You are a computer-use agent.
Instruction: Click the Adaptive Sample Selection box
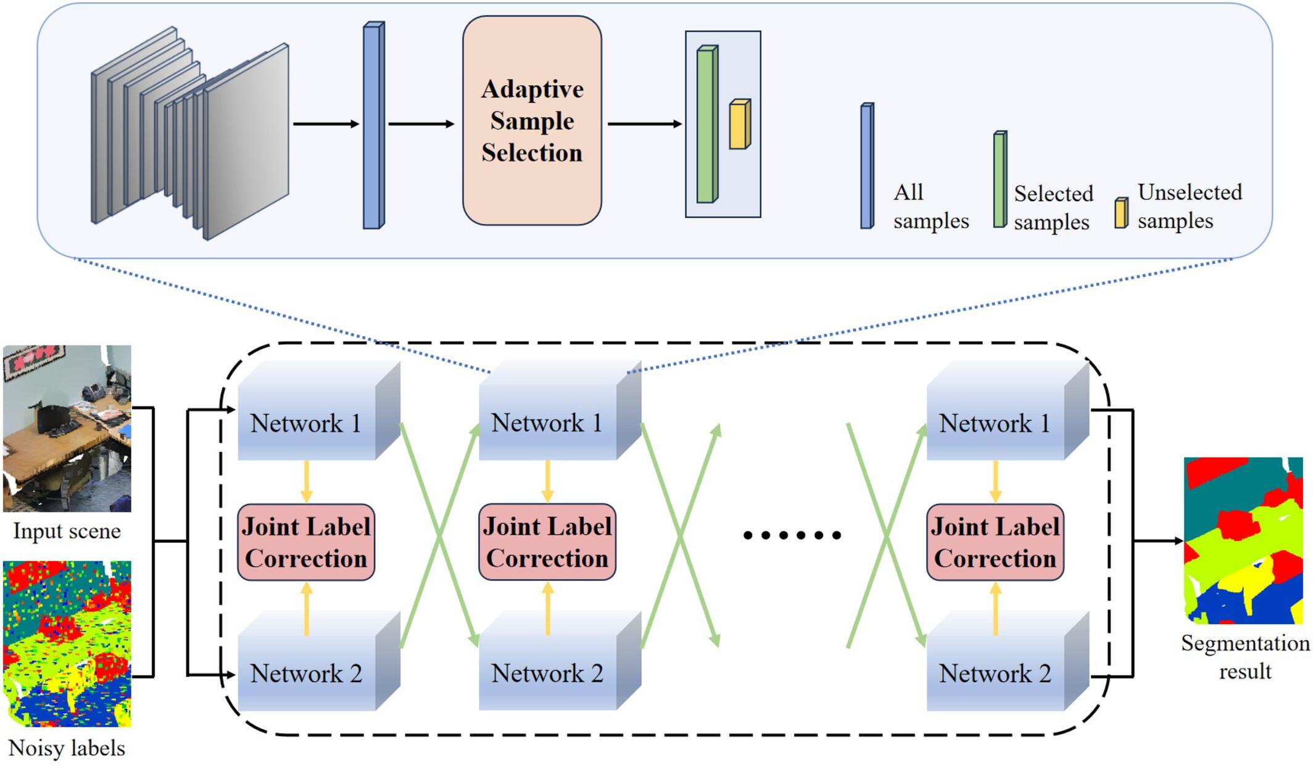[532, 121]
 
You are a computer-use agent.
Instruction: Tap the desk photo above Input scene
[67, 428]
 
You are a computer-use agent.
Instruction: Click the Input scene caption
[67, 531]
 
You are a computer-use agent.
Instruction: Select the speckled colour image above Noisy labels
[67, 643]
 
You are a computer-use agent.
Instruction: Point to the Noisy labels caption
[67, 748]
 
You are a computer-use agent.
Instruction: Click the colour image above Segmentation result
[1243, 540]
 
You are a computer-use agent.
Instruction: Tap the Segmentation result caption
[1245, 657]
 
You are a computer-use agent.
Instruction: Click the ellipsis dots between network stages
[792, 535]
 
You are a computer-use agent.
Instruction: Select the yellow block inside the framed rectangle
[739, 125]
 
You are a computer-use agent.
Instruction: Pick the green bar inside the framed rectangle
[706, 125]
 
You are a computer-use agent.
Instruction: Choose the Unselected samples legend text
[1189, 207]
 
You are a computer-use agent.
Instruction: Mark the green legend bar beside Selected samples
[1000, 179]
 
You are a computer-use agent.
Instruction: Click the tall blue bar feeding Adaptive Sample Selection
[373, 126]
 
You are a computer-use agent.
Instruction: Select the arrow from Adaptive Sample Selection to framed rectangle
[644, 124]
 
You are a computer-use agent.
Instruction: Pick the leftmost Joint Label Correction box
[306, 542]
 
